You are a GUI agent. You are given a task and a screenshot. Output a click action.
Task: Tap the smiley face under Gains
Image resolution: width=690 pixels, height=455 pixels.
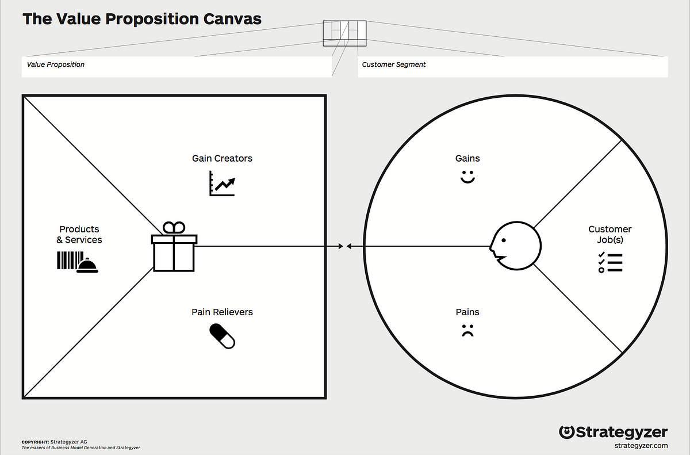pyautogui.click(x=467, y=177)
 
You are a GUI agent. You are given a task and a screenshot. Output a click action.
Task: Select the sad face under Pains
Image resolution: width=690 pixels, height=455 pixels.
pyautogui.click(x=466, y=331)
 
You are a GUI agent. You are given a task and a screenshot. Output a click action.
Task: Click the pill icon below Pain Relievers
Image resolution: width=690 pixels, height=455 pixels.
pyautogui.click(x=222, y=336)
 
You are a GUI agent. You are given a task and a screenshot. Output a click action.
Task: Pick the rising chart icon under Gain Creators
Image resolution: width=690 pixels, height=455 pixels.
pyautogui.click(x=222, y=185)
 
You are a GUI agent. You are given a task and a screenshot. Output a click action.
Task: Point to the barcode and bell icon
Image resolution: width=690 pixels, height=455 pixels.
pyautogui.click(x=76, y=262)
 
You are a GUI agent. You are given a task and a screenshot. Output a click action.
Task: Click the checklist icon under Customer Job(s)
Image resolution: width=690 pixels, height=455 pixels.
pyautogui.click(x=610, y=262)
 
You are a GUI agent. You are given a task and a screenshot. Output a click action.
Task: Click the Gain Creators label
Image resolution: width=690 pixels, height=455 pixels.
pyautogui.click(x=222, y=158)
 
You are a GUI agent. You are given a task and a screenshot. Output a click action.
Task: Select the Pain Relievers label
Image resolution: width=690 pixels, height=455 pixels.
pyautogui.click(x=222, y=312)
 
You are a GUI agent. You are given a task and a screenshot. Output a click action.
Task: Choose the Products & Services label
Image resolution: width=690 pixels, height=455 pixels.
pyautogui.click(x=80, y=235)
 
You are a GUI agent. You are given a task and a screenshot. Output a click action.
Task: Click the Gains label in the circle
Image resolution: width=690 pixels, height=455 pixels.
pyautogui.click(x=467, y=158)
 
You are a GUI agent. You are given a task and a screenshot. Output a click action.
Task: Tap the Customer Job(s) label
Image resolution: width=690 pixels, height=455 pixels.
pyautogui.click(x=610, y=235)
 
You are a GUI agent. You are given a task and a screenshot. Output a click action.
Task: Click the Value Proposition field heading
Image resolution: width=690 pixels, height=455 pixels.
pyautogui.click(x=56, y=64)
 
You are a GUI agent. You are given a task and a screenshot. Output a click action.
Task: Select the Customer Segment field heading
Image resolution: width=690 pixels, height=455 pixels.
pyautogui.click(x=394, y=64)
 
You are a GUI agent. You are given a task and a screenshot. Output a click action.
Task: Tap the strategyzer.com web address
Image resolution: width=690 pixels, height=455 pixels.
pyautogui.click(x=641, y=445)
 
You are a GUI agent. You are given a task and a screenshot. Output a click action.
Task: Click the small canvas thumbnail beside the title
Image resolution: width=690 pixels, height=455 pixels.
pyautogui.click(x=344, y=33)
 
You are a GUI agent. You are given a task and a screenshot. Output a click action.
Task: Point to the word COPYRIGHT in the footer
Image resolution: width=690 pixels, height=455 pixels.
pyautogui.click(x=34, y=442)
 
